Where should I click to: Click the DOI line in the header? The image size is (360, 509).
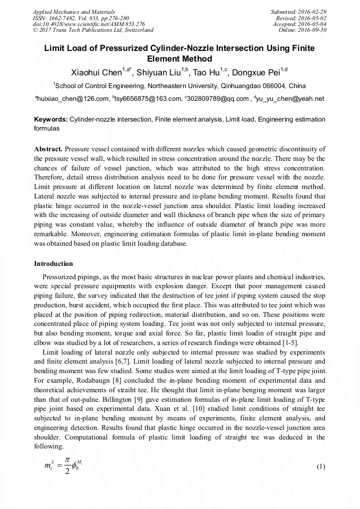coord(89,24)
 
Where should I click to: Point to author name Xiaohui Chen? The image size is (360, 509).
coord(96,73)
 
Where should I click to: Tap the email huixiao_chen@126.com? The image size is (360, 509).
coord(72,99)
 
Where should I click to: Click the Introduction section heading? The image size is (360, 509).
coord(54,263)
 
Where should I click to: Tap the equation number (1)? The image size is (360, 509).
coord(321,467)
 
